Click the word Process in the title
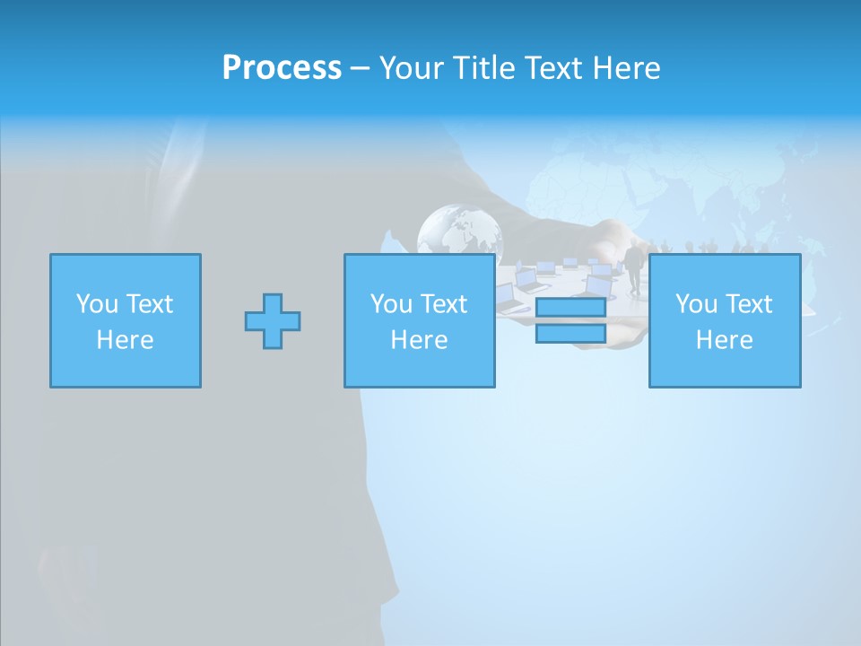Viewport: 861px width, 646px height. pos(282,68)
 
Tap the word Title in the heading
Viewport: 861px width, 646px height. pos(483,68)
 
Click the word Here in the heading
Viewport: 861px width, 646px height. pos(627,68)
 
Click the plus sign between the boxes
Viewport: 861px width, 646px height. pos(273,321)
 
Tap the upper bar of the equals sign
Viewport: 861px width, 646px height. pos(570,308)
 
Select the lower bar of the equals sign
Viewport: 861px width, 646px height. pos(570,334)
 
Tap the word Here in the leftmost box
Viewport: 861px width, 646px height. pos(126,340)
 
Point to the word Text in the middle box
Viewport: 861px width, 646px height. pos(445,304)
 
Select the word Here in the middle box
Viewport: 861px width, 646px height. pos(420,340)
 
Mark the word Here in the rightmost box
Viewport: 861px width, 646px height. pos(725,340)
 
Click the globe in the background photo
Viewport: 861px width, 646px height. pos(459,230)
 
